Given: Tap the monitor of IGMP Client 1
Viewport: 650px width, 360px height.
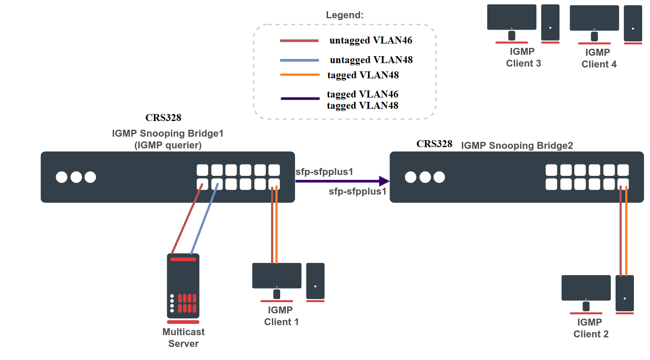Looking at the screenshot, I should point(277,276).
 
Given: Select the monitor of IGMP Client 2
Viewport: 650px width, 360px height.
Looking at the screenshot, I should point(586,288).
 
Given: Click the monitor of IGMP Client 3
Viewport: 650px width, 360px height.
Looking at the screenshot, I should point(512,17).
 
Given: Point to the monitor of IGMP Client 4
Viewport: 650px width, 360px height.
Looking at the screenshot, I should point(594,18).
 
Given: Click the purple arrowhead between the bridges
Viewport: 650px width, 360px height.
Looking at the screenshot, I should point(384,181).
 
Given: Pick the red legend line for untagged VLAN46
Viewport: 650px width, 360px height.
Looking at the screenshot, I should point(299,41).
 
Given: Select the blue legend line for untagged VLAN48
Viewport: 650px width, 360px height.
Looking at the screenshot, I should point(299,60).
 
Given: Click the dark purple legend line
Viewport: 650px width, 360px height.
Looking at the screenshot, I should point(300,99).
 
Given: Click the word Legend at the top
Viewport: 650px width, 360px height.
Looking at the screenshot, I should point(345,15).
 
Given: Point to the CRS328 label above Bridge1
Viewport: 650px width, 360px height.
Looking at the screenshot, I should point(163,118).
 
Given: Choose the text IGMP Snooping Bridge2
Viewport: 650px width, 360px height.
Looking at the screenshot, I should point(517,145).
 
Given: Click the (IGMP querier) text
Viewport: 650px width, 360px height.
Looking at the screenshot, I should point(168,145).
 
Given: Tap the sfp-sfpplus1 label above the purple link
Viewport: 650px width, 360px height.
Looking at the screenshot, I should point(324,172).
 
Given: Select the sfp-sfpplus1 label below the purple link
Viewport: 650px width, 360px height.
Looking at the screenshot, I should point(357,192).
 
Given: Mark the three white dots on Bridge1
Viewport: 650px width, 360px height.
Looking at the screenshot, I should point(76,177).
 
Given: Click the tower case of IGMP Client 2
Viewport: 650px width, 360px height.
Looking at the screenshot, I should point(625,293).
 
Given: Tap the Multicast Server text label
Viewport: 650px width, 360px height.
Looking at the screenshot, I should point(183,338).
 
